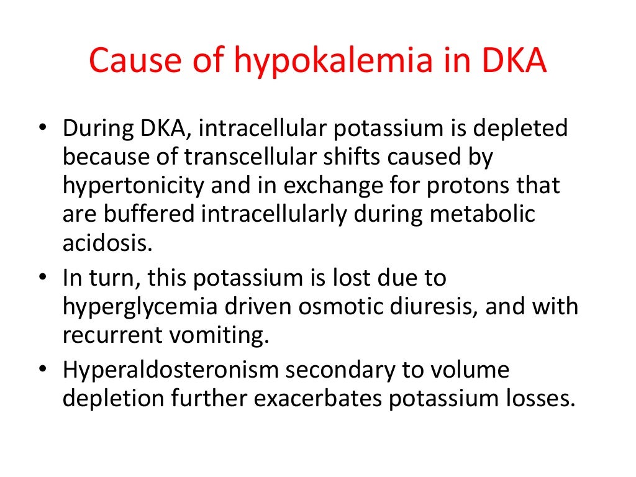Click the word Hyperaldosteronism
(x=170, y=371)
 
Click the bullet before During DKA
(x=42, y=129)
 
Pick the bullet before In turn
(x=42, y=278)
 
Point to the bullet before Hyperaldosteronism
(x=42, y=370)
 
